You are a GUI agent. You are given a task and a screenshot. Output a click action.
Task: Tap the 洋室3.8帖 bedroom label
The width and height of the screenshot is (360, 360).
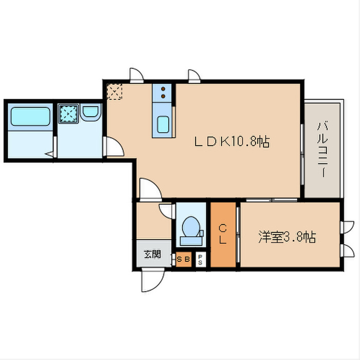[x=287, y=237]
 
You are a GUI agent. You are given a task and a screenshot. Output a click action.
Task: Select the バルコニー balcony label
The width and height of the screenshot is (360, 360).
[x=322, y=150]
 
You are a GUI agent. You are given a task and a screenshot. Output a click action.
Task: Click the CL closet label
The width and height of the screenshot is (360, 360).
[x=223, y=234]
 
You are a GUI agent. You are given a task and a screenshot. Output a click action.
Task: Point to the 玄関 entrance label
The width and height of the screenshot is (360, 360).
[x=152, y=254]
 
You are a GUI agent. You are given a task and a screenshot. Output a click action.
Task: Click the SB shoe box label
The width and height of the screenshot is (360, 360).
[x=183, y=259]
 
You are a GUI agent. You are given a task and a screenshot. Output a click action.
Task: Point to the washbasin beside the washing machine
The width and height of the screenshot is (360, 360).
[x=91, y=113]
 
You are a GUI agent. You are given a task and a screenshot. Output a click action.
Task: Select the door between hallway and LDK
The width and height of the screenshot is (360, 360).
[x=149, y=189]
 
